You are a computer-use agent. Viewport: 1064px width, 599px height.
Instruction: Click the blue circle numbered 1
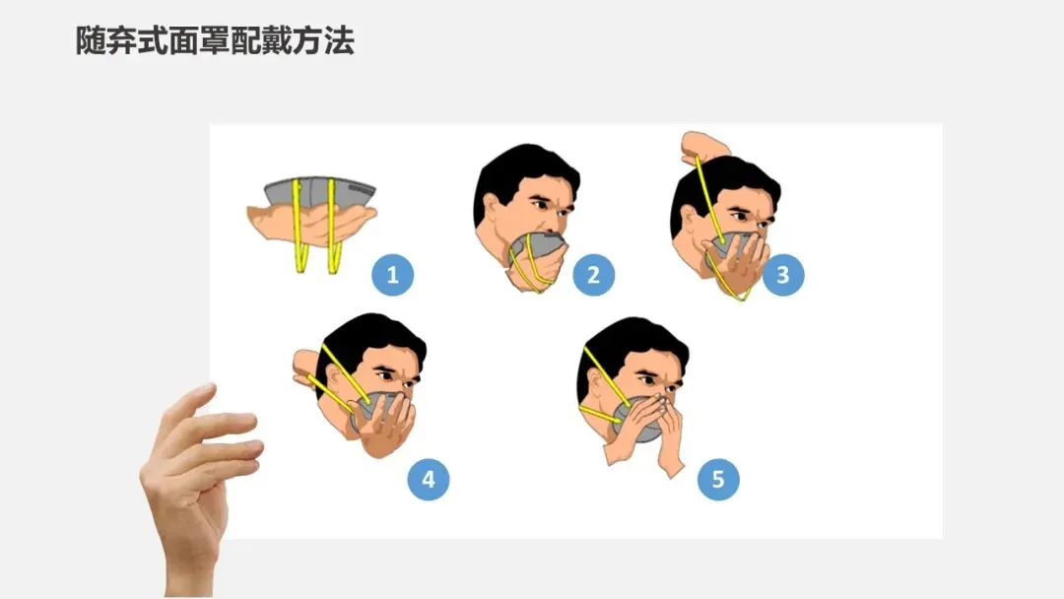[x=392, y=275]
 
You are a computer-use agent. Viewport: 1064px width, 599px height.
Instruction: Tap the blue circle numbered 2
[x=593, y=275]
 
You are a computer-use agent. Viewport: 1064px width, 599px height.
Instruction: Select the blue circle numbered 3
[x=783, y=275]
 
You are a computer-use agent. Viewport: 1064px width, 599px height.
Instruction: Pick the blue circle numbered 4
[x=429, y=479]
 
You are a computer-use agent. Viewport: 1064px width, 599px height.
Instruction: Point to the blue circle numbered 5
[x=718, y=479]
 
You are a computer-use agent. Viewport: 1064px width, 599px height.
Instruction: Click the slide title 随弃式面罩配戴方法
[x=215, y=40]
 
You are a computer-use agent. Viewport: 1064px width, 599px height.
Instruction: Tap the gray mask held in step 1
[x=319, y=193]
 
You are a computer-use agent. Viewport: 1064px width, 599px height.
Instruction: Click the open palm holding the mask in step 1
[x=312, y=223]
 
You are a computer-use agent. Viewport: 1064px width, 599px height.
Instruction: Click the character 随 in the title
[x=91, y=40]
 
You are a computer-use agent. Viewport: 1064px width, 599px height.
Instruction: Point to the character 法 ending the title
[x=339, y=40]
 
